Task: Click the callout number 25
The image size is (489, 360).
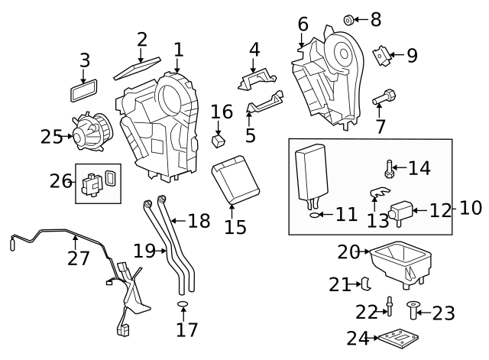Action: click(51, 137)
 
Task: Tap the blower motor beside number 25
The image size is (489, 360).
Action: click(90, 131)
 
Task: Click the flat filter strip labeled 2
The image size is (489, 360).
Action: click(137, 69)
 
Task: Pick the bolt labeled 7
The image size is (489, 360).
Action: click(384, 99)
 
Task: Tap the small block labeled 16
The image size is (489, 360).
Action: click(219, 140)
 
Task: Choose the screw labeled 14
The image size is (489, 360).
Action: click(389, 167)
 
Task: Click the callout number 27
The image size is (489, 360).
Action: click(78, 258)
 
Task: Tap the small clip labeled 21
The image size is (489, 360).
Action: click(366, 284)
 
